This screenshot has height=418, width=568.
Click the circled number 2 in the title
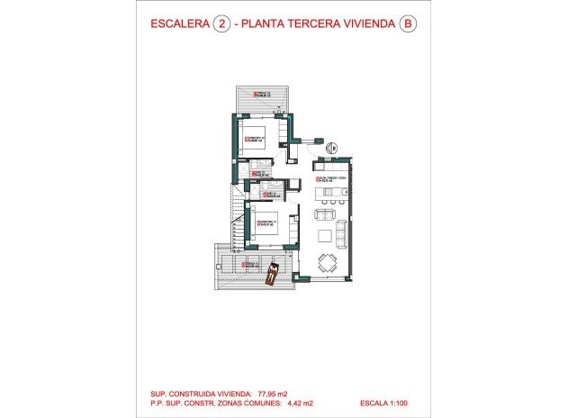(x=219, y=25)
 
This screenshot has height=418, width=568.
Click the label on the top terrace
(x=261, y=95)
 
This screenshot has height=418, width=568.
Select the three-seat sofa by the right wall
(x=344, y=234)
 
